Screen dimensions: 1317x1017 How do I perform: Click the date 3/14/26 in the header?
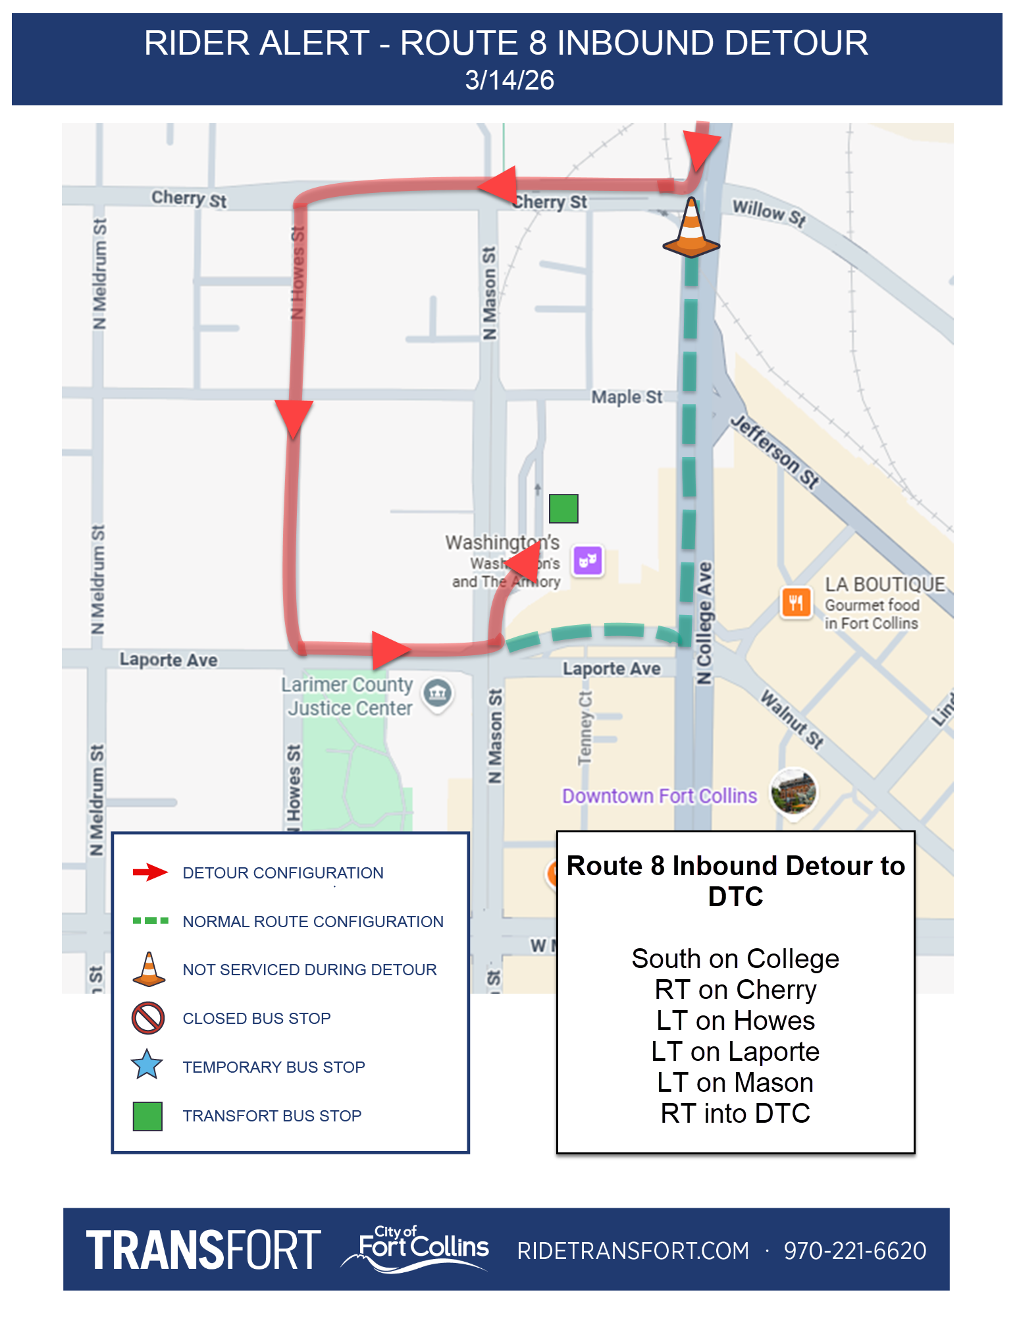click(x=509, y=80)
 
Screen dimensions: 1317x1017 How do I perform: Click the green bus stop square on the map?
click(x=563, y=508)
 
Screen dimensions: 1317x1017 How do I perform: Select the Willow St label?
click(x=769, y=213)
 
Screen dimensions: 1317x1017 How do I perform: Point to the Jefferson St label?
click(x=775, y=451)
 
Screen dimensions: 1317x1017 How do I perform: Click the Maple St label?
click(x=627, y=397)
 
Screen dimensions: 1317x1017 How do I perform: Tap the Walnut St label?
click(x=793, y=718)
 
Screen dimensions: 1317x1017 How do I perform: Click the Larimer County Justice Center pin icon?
click(x=438, y=693)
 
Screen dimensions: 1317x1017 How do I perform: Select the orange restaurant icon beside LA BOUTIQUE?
click(x=796, y=602)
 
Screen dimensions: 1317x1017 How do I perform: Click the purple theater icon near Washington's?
click(x=588, y=560)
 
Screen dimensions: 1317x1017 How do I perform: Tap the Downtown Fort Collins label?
click(x=659, y=796)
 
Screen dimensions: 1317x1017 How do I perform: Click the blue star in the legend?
click(x=147, y=1065)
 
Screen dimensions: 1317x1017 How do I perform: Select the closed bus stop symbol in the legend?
click(x=147, y=1017)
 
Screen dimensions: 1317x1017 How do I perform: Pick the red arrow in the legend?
click(x=150, y=873)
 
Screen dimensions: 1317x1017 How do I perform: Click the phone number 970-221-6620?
click(x=854, y=1250)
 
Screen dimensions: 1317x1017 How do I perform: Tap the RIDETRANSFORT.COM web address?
click(x=633, y=1250)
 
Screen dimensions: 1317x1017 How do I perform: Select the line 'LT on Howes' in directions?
click(x=735, y=1021)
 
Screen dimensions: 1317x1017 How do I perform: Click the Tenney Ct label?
click(x=585, y=728)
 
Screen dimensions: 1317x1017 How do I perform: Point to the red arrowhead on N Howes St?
click(x=294, y=417)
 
